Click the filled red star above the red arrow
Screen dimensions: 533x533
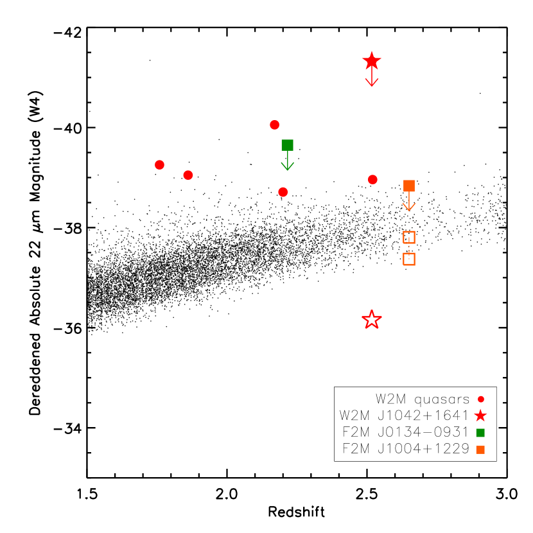[x=372, y=61]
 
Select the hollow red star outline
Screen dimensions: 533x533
[x=372, y=320]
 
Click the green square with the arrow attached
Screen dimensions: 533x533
[x=287, y=145]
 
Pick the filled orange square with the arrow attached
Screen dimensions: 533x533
[x=409, y=186]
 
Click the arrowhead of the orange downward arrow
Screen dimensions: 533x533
[x=409, y=207]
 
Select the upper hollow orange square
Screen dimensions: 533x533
[x=409, y=238]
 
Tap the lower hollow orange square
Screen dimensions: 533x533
[x=409, y=259]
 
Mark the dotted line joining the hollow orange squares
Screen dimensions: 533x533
[x=409, y=248]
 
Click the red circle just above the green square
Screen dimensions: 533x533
[x=275, y=125]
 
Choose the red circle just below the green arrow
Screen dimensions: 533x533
[x=283, y=192]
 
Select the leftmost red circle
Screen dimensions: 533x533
[x=159, y=165]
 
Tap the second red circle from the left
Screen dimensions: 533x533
[x=188, y=175]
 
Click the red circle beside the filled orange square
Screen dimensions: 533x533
[x=372, y=180]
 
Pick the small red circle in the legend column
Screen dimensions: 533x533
[x=481, y=399]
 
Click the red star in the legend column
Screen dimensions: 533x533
[x=480, y=416]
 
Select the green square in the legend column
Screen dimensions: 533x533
[x=480, y=433]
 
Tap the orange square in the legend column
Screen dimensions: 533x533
[x=480, y=450]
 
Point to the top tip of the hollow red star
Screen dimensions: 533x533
[x=372, y=311]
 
